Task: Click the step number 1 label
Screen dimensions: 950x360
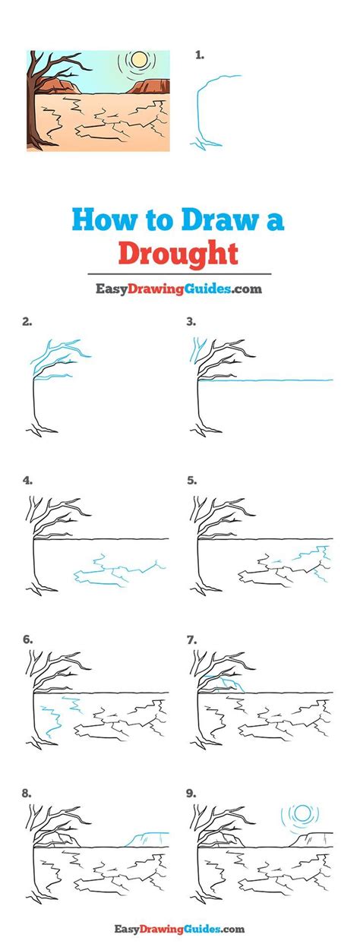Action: (x=200, y=55)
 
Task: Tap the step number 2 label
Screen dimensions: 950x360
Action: (x=27, y=321)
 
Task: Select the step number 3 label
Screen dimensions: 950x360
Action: (x=191, y=321)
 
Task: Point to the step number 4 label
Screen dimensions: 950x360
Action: (x=27, y=480)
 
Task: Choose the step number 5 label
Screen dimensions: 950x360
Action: (x=191, y=480)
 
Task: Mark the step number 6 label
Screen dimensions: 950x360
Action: (x=27, y=639)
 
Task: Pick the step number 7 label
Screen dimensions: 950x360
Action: (x=191, y=639)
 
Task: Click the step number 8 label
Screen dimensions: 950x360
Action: (x=27, y=793)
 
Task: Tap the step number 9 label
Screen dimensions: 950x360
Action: (x=191, y=793)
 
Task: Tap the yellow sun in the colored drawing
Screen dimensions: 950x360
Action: (x=138, y=60)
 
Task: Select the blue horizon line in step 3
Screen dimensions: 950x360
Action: (x=266, y=379)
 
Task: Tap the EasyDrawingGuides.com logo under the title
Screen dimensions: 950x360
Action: (x=179, y=289)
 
